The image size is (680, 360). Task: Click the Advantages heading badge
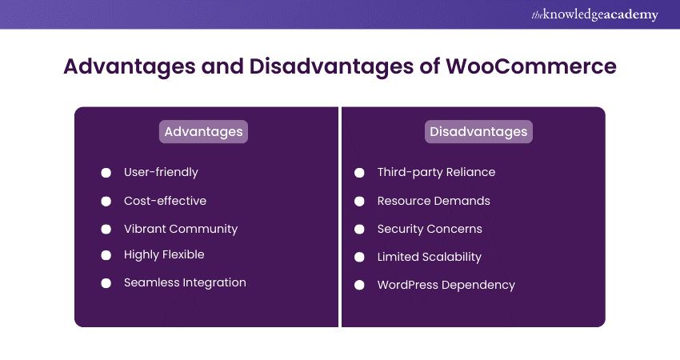(203, 131)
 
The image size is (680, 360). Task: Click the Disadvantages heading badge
(478, 131)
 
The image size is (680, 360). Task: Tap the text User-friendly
(161, 172)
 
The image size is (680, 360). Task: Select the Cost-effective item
(165, 201)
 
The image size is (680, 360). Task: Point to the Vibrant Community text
(181, 229)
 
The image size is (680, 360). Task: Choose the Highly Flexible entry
(164, 254)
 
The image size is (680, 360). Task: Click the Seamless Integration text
(185, 282)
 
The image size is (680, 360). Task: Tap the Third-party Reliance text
(436, 172)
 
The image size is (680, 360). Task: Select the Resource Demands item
(434, 201)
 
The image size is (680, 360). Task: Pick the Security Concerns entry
(430, 229)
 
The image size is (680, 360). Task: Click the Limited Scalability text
(430, 257)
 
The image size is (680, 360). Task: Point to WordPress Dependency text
(446, 285)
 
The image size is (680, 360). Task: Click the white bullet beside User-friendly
(106, 173)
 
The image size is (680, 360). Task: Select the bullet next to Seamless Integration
(106, 283)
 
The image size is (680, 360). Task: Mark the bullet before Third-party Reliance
(360, 173)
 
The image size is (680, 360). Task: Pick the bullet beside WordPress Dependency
(360, 285)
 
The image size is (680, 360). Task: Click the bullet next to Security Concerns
(360, 230)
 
